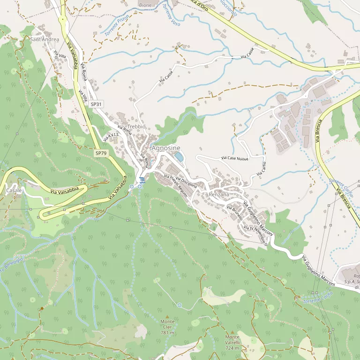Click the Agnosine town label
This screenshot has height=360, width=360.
pos(166,147)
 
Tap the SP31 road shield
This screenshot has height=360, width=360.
pos(96,104)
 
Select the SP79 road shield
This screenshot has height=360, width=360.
pos(100,153)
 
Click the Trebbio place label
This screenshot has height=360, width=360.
pos(137,127)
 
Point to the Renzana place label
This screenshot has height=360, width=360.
pos(219,194)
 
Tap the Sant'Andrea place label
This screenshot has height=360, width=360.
pos(45,39)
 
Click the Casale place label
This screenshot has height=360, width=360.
pos(14,191)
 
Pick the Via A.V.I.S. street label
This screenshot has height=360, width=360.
pos(112,135)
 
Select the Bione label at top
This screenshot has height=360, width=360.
pos(145,5)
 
